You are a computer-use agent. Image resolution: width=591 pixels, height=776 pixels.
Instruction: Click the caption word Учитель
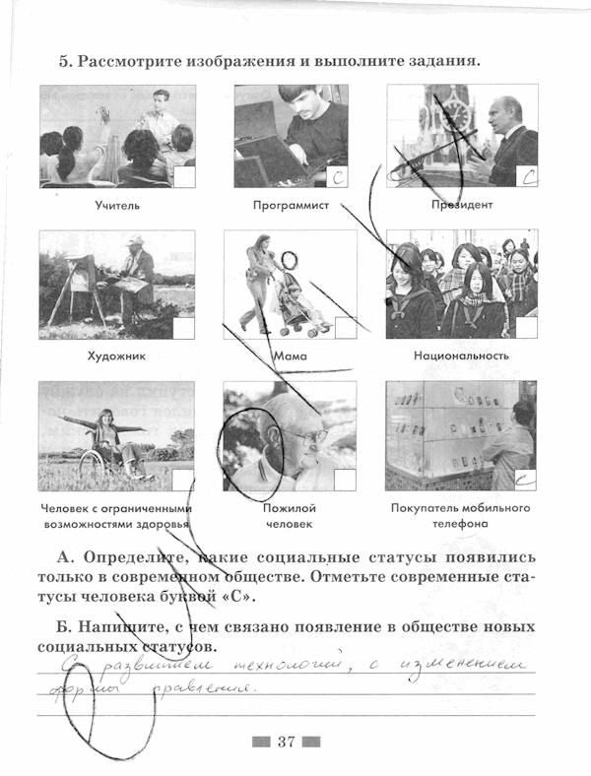coord(117,206)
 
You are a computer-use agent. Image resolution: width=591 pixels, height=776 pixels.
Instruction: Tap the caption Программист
coord(290,206)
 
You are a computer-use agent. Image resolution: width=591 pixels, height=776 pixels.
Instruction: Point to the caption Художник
coord(117,356)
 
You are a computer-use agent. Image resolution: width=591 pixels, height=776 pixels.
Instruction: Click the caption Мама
coord(291,356)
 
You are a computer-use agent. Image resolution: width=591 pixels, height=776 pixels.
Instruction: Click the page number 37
coord(287,742)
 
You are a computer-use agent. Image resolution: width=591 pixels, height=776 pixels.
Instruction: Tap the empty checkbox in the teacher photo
coord(184,177)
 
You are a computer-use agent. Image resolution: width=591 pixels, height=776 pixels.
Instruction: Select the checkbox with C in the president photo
coord(528,177)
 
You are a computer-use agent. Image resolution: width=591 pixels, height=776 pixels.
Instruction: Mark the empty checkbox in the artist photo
coord(184,328)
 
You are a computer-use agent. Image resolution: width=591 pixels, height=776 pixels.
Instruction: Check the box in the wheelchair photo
coord(184,480)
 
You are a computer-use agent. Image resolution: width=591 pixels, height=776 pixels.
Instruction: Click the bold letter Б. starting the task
coord(65,627)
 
